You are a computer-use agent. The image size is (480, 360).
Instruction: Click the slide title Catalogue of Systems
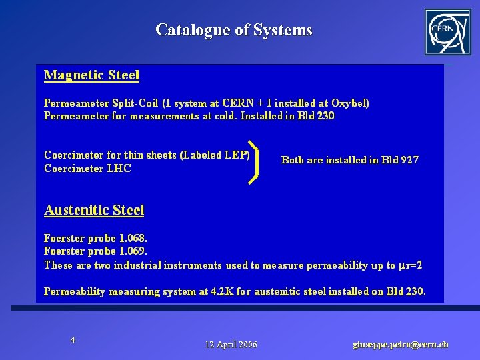tap(233, 30)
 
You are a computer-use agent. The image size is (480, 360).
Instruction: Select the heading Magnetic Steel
tap(91, 75)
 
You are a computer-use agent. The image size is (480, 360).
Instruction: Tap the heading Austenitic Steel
tap(94, 210)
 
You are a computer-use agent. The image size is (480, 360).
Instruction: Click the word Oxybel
tap(347, 103)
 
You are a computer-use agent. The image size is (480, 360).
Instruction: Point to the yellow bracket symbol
tap(253, 161)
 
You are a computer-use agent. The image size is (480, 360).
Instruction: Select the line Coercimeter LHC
tap(87, 169)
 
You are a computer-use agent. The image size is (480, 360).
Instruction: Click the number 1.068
tap(134, 238)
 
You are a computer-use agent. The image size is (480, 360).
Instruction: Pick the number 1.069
tap(134, 251)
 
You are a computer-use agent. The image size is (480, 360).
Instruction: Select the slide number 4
tap(73, 340)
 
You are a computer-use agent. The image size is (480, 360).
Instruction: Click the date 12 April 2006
tap(231, 344)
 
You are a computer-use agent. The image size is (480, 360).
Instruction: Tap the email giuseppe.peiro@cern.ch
tap(400, 344)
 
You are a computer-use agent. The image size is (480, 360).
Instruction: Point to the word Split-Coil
tap(136, 103)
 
